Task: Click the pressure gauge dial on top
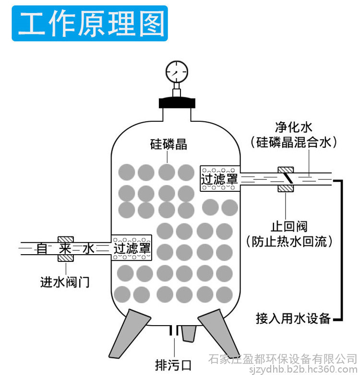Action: coord(177,72)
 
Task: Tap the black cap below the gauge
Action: coord(177,102)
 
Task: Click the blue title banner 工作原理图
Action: coord(90,23)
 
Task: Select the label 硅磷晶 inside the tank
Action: coord(168,144)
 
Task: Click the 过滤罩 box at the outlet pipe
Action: coord(220,178)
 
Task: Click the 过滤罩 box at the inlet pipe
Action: coord(132,247)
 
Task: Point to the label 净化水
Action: coord(294,127)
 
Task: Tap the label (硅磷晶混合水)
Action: coord(294,142)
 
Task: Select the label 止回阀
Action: coord(289,226)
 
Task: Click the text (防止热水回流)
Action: coord(289,241)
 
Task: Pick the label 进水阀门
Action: coord(65,282)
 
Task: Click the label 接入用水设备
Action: coord(293,318)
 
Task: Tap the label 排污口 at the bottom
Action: coord(173,365)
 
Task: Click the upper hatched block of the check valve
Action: coord(286,170)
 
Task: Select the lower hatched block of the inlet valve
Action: coord(66,258)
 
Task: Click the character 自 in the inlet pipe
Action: coord(42,248)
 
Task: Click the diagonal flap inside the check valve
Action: coord(288,178)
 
